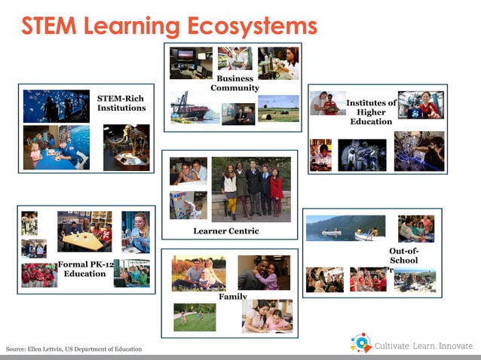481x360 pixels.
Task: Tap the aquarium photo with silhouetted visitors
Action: (x=56, y=106)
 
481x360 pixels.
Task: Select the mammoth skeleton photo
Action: (x=126, y=147)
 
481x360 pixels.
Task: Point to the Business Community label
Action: (x=234, y=84)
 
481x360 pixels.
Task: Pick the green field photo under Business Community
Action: (x=278, y=109)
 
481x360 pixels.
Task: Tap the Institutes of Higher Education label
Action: (x=371, y=111)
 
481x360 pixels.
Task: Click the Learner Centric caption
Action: (x=225, y=230)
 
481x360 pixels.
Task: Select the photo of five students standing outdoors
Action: (x=251, y=188)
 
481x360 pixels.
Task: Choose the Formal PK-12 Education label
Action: (x=84, y=269)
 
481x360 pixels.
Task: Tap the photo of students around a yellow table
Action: (x=84, y=231)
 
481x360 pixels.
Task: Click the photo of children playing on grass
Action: (x=195, y=317)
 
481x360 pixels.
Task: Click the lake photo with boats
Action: (x=345, y=227)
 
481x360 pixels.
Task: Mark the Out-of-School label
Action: (x=403, y=256)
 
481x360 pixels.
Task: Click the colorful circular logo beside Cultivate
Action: (x=361, y=343)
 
